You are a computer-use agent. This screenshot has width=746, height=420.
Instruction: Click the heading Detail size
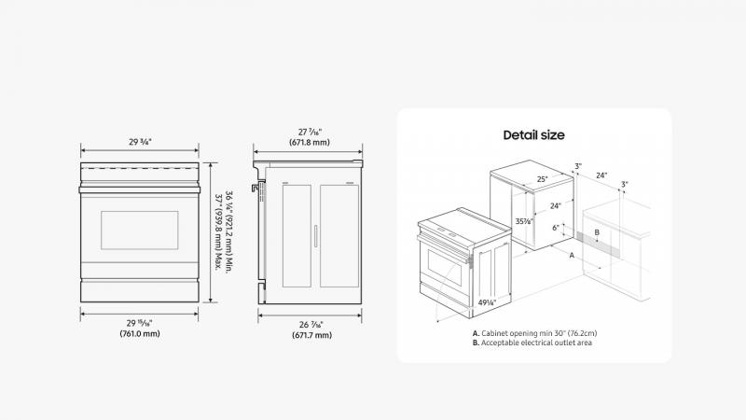(533, 135)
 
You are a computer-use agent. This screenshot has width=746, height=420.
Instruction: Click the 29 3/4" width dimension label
(140, 142)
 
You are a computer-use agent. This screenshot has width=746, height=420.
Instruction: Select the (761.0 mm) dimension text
(140, 334)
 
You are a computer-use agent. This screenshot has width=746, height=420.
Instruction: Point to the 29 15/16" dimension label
(140, 323)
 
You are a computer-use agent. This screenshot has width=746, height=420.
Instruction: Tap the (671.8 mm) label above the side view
(310, 143)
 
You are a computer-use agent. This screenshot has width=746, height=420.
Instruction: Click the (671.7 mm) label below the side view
(312, 335)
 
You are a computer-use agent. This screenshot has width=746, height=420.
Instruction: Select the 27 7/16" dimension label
(310, 132)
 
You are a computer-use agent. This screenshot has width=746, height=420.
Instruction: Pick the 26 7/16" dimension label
(311, 325)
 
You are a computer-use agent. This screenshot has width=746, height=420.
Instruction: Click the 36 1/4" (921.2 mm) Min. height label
(228, 231)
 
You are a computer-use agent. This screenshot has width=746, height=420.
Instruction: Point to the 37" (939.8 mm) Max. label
(219, 232)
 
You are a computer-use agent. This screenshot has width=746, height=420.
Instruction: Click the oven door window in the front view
(139, 231)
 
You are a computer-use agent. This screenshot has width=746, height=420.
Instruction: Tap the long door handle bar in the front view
(139, 190)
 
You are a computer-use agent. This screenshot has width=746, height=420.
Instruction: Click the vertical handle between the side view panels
(315, 236)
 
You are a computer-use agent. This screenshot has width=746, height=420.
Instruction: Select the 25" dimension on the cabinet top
(542, 179)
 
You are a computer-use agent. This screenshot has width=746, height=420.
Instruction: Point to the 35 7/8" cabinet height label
(524, 221)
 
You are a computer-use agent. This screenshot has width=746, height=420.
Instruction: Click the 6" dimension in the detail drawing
(556, 228)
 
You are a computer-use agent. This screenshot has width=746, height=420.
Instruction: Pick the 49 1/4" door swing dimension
(487, 302)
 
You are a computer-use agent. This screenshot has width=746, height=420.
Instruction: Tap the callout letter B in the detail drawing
(597, 232)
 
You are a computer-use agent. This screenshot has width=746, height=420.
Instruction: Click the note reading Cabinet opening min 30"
(534, 333)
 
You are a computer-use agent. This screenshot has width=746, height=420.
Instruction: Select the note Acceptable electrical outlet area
(532, 343)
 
